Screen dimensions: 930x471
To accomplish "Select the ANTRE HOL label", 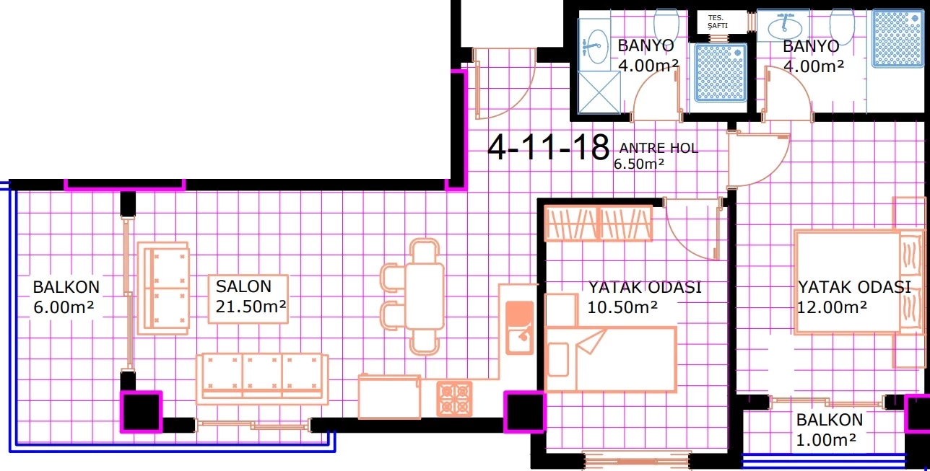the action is click(659, 148).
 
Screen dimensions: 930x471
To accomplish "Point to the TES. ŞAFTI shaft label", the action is click(718, 22).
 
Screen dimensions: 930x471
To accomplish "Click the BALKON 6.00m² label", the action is click(66, 297).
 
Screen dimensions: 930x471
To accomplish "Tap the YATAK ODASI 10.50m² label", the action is click(644, 297).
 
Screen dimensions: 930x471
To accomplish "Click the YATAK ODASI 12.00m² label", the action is click(854, 297).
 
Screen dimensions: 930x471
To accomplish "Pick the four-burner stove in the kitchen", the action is click(454, 398).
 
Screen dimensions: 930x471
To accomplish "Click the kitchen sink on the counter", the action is click(519, 327).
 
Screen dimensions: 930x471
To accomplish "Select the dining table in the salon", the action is click(425, 296).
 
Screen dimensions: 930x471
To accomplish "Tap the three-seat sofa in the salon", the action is click(262, 379).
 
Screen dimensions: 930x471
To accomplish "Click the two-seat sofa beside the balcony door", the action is click(163, 289).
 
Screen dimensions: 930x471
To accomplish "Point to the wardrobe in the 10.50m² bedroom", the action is click(599, 224).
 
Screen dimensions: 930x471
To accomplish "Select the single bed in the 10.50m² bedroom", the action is click(610, 359).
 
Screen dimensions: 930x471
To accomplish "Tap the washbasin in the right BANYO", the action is click(784, 27).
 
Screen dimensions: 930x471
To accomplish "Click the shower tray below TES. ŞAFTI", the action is click(721, 73).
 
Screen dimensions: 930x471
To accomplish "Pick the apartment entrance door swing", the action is click(505, 84).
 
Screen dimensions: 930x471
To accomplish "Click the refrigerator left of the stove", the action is click(389, 397).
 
